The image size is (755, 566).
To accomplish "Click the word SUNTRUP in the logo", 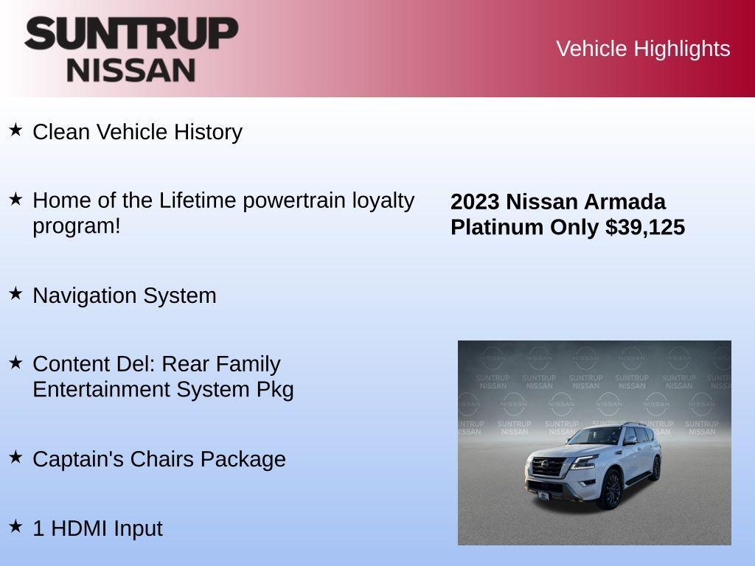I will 131,34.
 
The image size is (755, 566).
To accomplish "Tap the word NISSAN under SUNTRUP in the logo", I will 131,70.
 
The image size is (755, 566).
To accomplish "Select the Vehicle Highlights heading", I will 643,49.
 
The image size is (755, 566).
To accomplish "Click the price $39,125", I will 645,227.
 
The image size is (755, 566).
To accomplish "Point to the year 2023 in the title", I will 476,202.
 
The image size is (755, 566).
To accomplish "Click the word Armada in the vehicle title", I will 624,202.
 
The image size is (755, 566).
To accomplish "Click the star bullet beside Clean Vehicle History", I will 15,130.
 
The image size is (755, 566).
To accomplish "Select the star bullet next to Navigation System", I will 15,293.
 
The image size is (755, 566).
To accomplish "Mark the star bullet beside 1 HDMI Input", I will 15,526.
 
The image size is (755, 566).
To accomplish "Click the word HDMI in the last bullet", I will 76,528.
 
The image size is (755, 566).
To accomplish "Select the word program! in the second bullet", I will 76,226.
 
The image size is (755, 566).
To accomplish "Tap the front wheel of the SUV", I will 611,489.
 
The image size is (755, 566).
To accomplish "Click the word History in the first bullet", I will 208,132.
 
